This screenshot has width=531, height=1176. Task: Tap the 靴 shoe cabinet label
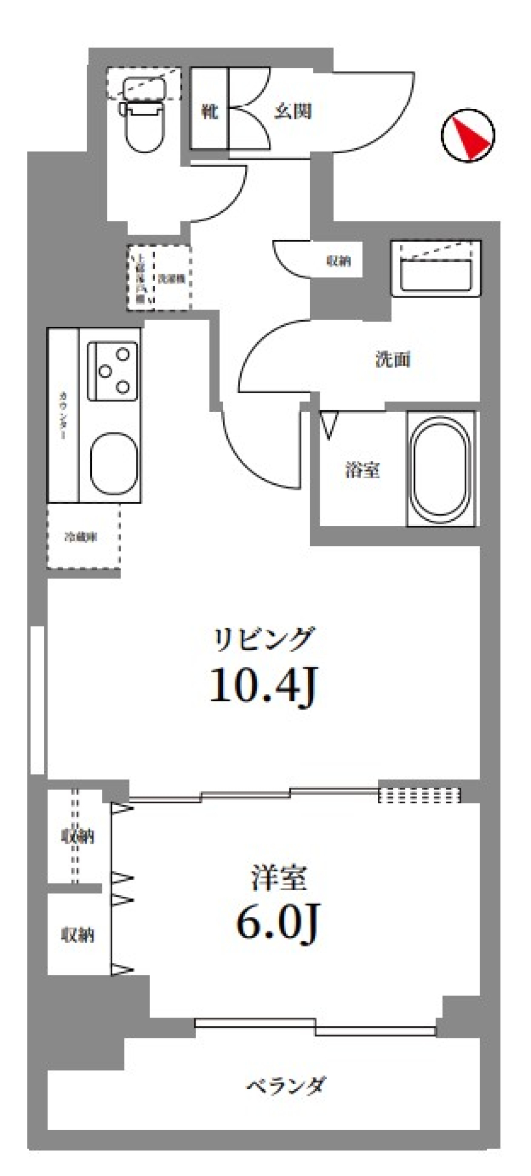209,112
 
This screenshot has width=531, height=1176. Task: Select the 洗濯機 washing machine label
171,279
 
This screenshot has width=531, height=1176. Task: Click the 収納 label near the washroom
339,261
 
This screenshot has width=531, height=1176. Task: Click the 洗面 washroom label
393,360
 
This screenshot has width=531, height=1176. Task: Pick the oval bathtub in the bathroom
441,467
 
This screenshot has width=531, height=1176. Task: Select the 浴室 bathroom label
362,471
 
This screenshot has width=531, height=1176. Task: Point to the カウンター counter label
63,415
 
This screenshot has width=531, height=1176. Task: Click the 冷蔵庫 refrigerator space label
81,537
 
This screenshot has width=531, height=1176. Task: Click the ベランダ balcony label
285,1085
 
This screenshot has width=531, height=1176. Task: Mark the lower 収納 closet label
77,934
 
